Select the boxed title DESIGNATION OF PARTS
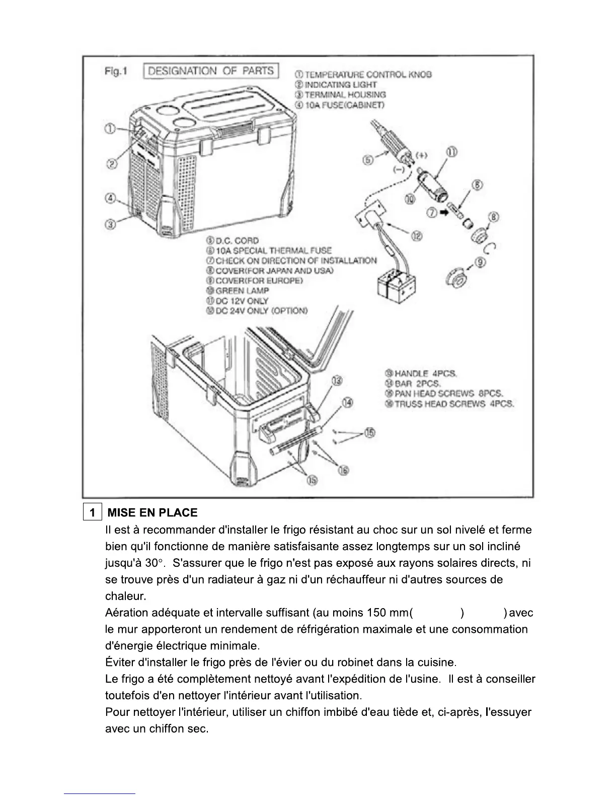[x=211, y=71]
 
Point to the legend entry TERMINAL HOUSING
[x=341, y=95]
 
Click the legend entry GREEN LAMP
[x=237, y=291]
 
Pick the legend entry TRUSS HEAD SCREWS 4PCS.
[x=449, y=404]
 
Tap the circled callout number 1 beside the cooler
[x=110, y=128]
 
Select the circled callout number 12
[x=417, y=235]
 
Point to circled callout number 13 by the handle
[x=337, y=380]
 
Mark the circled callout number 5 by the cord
[x=368, y=160]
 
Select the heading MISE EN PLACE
[x=153, y=513]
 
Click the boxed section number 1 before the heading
[x=93, y=513]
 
